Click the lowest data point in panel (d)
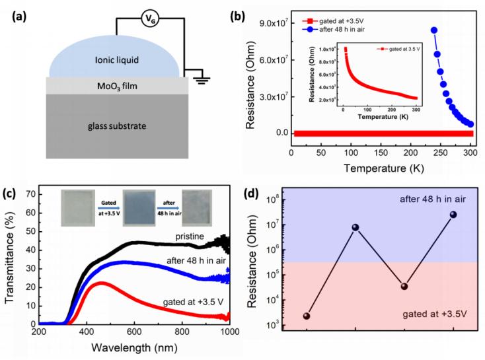[307, 316]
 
